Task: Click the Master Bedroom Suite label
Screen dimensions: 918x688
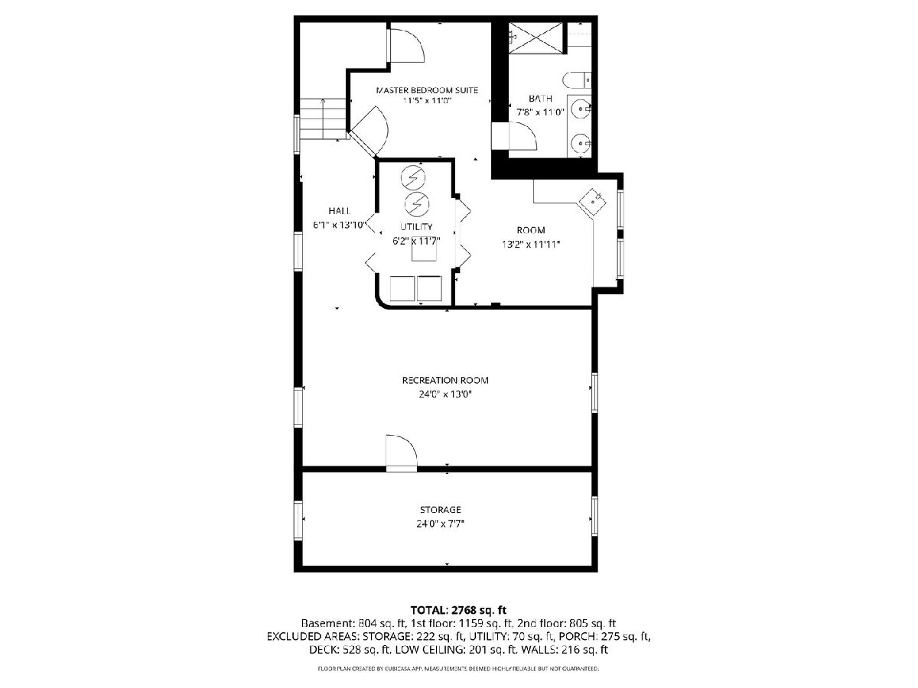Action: point(427,89)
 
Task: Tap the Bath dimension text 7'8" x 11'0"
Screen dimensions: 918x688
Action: point(540,112)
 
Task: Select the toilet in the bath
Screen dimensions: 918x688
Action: point(577,80)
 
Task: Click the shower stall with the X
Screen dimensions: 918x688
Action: point(535,38)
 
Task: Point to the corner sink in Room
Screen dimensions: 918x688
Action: point(593,202)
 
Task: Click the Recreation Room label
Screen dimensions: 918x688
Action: point(445,380)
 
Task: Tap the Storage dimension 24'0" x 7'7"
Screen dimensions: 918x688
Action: point(441,524)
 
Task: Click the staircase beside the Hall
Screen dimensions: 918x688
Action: point(324,119)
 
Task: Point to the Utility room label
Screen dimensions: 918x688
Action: point(416,226)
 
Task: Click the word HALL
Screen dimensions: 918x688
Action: point(339,210)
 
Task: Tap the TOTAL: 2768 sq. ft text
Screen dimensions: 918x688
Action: point(458,610)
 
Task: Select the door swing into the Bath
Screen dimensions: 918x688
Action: point(522,135)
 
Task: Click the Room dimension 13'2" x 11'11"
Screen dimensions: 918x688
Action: point(531,245)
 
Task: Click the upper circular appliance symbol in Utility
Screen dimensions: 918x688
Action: point(413,177)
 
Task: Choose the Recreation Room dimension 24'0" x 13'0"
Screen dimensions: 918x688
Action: point(445,394)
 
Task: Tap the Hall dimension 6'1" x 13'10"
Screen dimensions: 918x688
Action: point(340,225)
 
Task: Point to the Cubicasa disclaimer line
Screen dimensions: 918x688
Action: point(458,668)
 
